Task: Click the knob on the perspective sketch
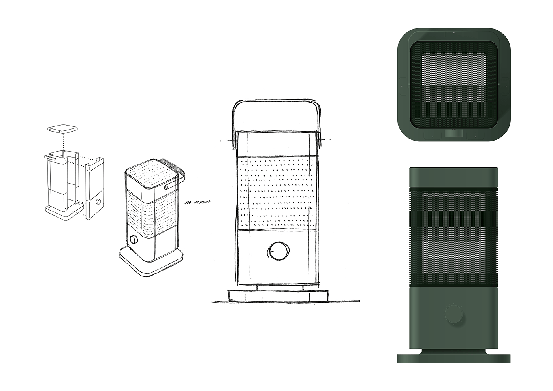[133, 240]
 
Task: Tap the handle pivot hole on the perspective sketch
[167, 186]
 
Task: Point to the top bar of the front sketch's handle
[277, 101]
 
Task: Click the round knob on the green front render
[453, 314]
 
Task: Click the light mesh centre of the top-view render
[453, 85]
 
